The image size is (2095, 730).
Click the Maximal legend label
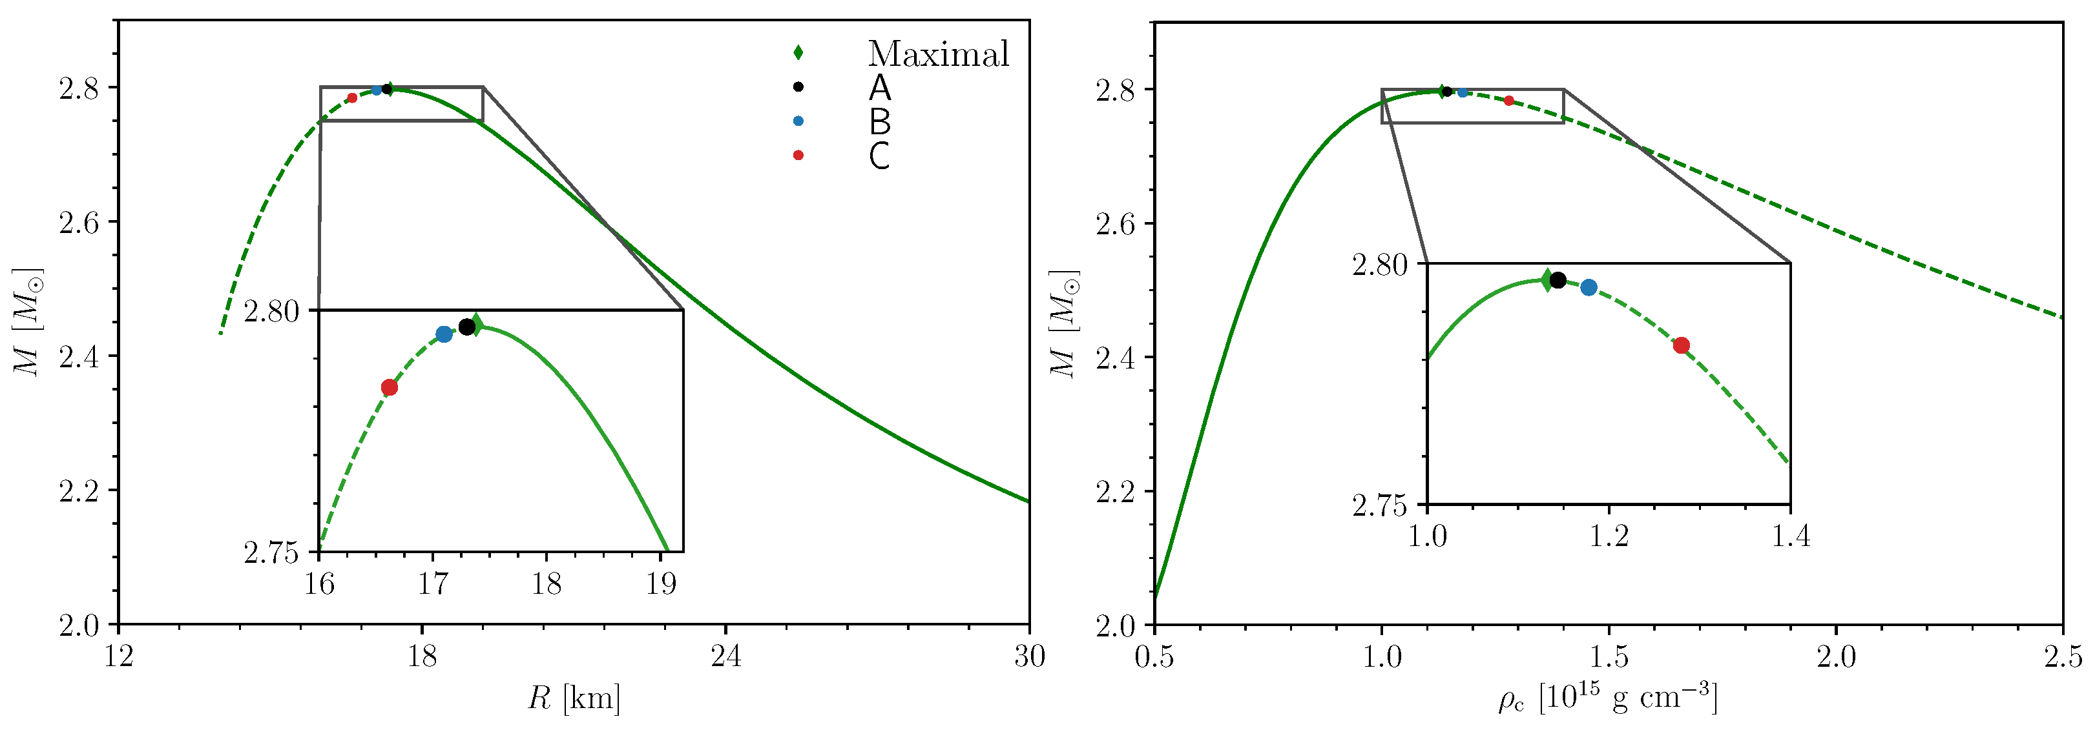(938, 54)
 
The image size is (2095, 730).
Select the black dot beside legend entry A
(798, 87)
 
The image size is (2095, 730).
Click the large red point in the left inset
(390, 387)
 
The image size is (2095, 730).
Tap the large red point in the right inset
(1682, 345)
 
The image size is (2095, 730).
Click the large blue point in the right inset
(1589, 288)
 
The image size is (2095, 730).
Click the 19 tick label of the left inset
(662, 583)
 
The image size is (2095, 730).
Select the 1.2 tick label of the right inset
(1609, 536)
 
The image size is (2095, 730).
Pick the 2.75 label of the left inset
(271, 553)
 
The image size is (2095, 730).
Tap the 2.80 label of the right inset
(1379, 264)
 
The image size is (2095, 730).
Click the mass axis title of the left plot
(28, 322)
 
